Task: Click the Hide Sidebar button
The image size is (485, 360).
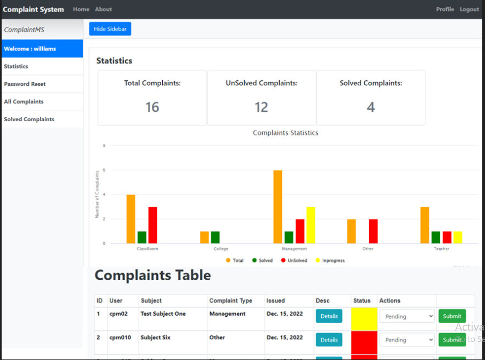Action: pyautogui.click(x=110, y=29)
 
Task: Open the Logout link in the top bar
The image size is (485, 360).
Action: pyautogui.click(x=469, y=9)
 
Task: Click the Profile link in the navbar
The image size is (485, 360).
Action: pyautogui.click(x=445, y=9)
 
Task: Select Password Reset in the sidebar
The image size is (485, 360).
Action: pyautogui.click(x=25, y=84)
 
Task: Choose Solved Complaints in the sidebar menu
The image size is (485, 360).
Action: pyautogui.click(x=29, y=119)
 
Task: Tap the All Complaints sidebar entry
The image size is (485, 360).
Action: pyautogui.click(x=23, y=102)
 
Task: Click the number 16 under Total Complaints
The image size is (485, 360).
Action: pyautogui.click(x=152, y=107)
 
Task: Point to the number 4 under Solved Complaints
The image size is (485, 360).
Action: pyautogui.click(x=370, y=107)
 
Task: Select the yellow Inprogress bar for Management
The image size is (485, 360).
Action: pyautogui.click(x=310, y=225)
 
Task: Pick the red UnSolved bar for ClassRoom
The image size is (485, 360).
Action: pyautogui.click(x=153, y=225)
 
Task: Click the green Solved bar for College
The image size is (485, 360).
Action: pyautogui.click(x=215, y=237)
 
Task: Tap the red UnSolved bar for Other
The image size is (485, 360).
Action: pyautogui.click(x=373, y=231)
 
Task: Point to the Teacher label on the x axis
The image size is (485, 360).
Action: pyautogui.click(x=441, y=249)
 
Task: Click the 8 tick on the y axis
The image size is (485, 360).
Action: pyautogui.click(x=104, y=146)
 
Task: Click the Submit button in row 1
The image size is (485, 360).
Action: pyautogui.click(x=452, y=316)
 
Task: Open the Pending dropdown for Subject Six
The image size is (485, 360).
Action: pyautogui.click(x=407, y=340)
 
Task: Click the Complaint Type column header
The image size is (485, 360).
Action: pyautogui.click(x=230, y=300)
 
